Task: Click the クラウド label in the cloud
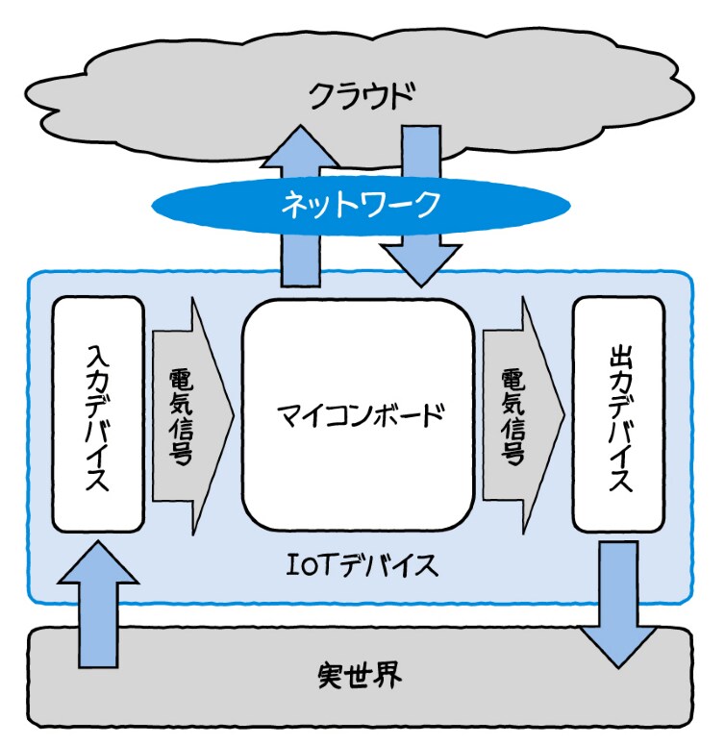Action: pyautogui.click(x=361, y=96)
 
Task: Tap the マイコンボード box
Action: pyautogui.click(x=359, y=416)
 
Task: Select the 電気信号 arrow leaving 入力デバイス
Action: pyautogui.click(x=188, y=415)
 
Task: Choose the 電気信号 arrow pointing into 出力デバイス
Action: pyautogui.click(x=519, y=415)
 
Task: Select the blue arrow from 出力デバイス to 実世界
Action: pyautogui.click(x=618, y=601)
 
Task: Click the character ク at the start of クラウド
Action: pyautogui.click(x=321, y=96)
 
